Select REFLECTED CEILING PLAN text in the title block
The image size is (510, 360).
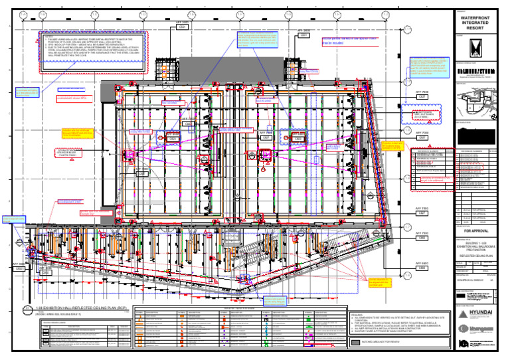477,253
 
